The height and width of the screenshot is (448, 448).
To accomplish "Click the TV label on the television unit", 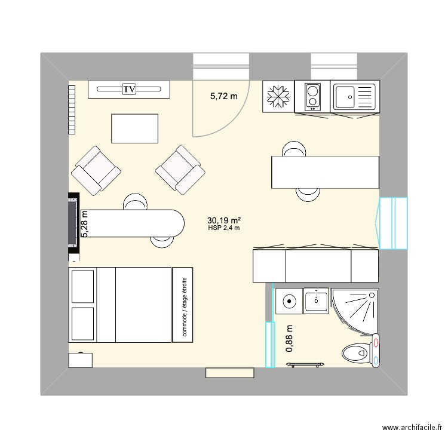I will (x=128, y=90).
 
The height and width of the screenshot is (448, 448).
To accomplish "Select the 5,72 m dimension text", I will (x=223, y=96).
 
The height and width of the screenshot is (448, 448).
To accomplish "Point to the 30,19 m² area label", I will (x=224, y=220).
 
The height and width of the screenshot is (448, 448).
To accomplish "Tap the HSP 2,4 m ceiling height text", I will (x=224, y=228).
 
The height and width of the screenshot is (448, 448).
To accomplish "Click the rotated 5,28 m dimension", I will (x=84, y=224).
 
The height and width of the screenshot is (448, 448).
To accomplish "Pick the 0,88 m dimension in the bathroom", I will (x=290, y=338).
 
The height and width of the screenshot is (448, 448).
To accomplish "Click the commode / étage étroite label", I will (x=185, y=305).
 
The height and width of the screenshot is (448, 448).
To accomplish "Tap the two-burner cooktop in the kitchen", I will (x=312, y=97).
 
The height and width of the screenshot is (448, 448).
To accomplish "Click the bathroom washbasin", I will (x=316, y=300).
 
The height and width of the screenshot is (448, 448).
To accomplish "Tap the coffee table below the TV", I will (x=135, y=128).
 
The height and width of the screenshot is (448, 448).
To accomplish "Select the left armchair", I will (x=95, y=170).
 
